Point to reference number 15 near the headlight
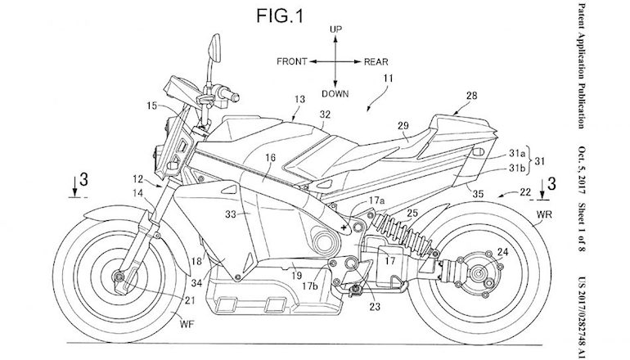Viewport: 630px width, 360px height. pyautogui.click(x=152, y=106)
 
